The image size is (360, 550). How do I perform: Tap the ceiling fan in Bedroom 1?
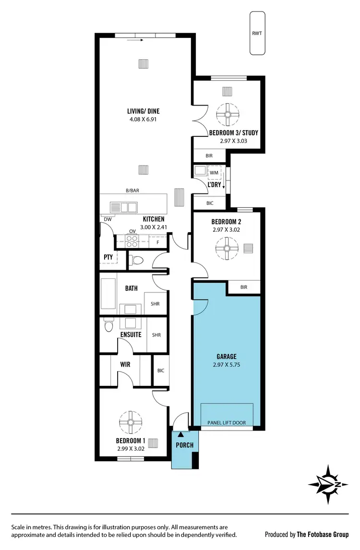(x=130, y=422)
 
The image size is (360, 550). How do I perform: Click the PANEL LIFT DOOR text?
(x=226, y=423)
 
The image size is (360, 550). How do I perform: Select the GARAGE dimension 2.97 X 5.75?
(x=226, y=365)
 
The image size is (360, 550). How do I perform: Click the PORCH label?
(x=184, y=445)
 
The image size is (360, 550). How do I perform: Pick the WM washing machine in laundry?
(x=214, y=172)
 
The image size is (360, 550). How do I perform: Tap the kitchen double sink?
(x=122, y=207)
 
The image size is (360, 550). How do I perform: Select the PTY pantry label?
(x=108, y=257)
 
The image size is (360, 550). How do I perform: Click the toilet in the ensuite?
(x=108, y=326)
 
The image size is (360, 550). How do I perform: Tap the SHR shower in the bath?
(x=156, y=304)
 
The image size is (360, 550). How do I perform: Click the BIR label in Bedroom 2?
(x=244, y=287)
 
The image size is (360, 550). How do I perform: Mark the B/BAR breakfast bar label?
(x=132, y=191)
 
